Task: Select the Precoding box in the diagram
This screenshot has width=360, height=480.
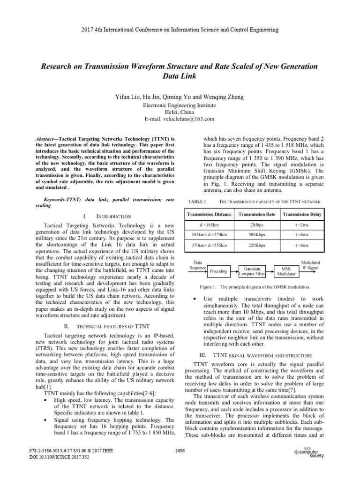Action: pyautogui.click(x=218, y=271)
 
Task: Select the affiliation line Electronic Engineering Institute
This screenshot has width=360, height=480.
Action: pyautogui.click(x=180, y=105)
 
